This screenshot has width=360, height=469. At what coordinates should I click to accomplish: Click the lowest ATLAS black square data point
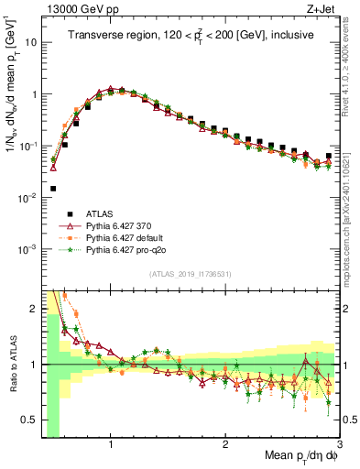point(53,189)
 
